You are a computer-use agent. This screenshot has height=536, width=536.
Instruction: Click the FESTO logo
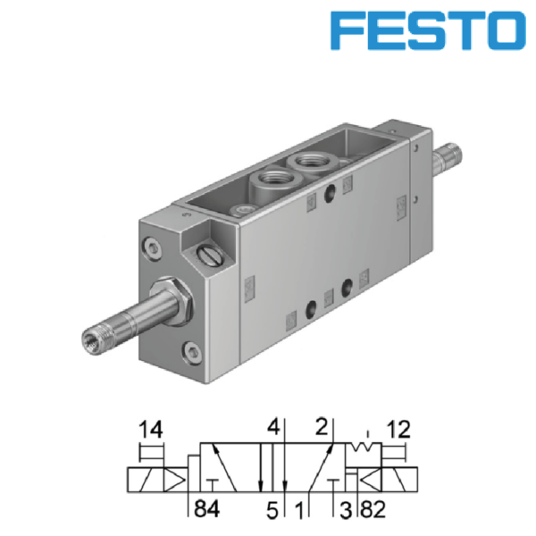tap(428, 30)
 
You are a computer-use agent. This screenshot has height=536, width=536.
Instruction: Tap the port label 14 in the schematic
tap(151, 430)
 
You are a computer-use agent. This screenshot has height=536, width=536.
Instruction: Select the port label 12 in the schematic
tap(398, 430)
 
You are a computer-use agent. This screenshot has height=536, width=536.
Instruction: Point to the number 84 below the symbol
tap(207, 508)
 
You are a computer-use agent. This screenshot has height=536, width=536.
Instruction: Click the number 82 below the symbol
tap(373, 510)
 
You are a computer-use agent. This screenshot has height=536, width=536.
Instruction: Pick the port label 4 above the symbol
tap(273, 426)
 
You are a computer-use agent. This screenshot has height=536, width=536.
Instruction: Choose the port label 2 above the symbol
tap(322, 426)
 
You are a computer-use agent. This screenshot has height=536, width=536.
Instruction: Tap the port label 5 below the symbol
tap(272, 511)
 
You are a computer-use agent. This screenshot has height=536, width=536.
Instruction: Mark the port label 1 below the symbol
tap(299, 511)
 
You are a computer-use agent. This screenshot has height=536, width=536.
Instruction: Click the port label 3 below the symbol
tap(346, 510)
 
